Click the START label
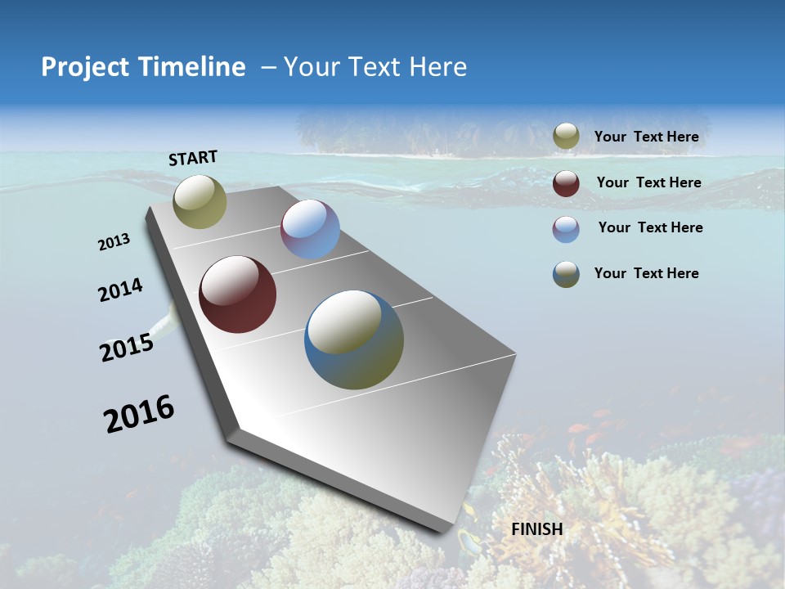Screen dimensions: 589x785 point(193,158)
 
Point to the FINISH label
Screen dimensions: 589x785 point(537,529)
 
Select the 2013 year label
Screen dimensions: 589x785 point(114,242)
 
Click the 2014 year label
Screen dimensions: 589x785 point(120,290)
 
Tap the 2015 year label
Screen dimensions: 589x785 point(127,348)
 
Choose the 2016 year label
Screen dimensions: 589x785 point(139,414)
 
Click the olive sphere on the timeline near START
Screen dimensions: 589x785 point(200,201)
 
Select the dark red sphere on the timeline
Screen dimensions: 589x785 point(238,294)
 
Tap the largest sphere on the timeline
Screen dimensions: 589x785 point(354,339)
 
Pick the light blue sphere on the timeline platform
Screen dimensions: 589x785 point(310,229)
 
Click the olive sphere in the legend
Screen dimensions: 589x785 point(566,137)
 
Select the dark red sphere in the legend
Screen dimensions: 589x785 point(566,183)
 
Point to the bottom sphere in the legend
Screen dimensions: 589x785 point(566,274)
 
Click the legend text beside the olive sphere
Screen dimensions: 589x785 point(646,137)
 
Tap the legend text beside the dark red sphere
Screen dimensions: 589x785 point(648,182)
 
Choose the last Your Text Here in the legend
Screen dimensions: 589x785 point(646,273)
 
